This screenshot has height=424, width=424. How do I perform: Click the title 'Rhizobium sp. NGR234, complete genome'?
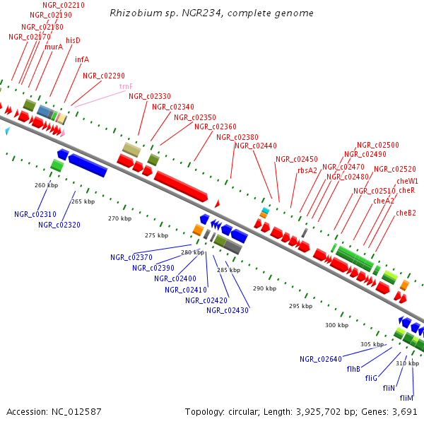click(x=212, y=13)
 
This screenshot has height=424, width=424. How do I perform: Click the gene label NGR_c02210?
click(x=64, y=5)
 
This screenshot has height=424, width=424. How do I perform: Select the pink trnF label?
click(x=126, y=86)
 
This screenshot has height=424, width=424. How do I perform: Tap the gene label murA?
click(x=54, y=47)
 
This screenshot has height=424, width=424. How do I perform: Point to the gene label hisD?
click(x=73, y=40)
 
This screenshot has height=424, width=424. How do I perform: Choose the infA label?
click(x=82, y=59)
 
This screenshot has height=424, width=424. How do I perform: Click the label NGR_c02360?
click(x=215, y=126)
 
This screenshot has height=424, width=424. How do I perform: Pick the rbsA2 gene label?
click(x=307, y=170)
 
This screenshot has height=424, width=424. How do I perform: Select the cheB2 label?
click(x=406, y=213)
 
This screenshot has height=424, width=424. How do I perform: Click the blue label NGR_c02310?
click(x=35, y=214)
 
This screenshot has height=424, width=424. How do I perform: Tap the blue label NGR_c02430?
click(x=228, y=310)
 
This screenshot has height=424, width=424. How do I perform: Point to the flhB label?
click(x=353, y=369)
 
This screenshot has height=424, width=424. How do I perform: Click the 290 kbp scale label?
click(x=264, y=288)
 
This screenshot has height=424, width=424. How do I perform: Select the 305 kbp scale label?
click(x=371, y=344)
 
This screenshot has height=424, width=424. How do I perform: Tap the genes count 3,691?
click(x=404, y=411)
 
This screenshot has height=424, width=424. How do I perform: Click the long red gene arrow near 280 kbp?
click(x=181, y=185)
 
